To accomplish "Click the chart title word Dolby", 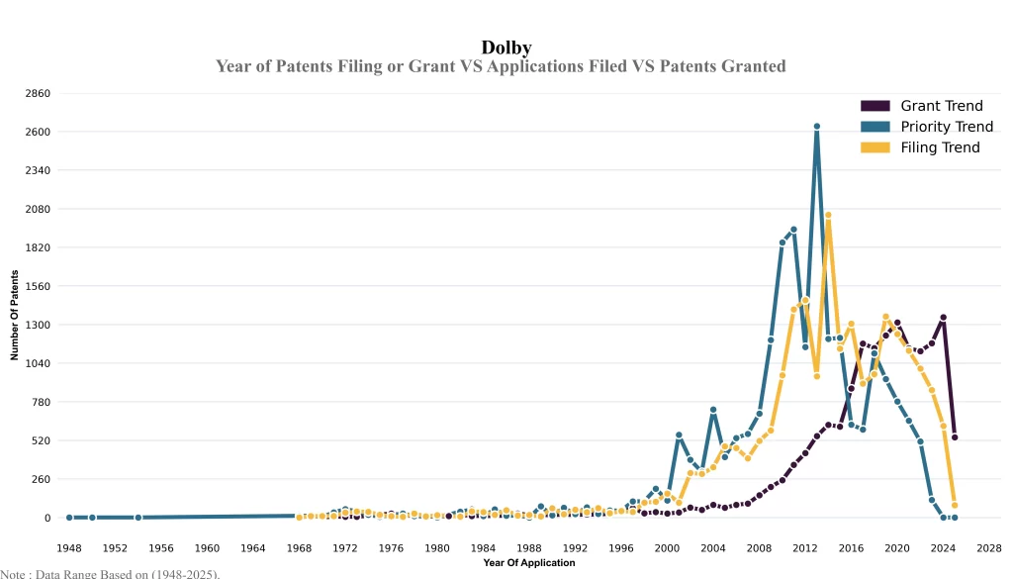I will coord(506,48).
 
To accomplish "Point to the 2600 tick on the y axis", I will coord(38,132).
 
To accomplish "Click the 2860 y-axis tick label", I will coord(38,93).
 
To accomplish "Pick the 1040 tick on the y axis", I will coord(38,363).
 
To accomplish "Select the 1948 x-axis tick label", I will coord(69,547).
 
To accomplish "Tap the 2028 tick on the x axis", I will coord(989,547).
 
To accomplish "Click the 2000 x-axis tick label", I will coord(668,547).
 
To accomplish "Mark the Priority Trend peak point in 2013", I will coord(817,127).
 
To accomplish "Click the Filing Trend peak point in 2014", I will coord(828,215).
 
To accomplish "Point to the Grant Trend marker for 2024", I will coord(944,318).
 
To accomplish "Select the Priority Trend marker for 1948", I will coord(69,518).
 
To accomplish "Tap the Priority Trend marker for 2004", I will coord(713,410).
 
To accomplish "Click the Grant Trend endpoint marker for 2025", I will coord(955,437).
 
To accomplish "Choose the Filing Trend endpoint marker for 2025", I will coord(955,506).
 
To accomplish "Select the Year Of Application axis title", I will coord(528,563).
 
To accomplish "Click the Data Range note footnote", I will coord(110,573).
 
